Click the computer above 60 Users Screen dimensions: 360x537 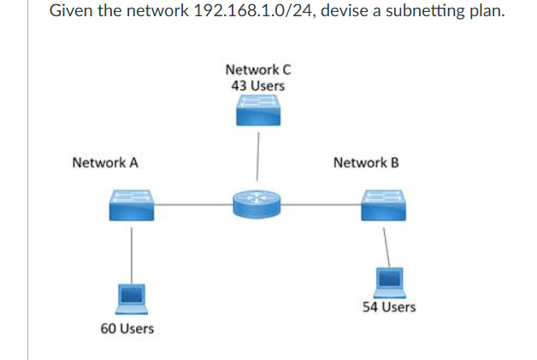point(131,296)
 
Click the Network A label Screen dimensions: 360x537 point(105,162)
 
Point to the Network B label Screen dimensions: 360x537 point(365,162)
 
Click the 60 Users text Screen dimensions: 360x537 point(127,328)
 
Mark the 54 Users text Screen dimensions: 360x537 point(389,307)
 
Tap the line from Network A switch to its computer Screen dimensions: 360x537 point(131,252)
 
